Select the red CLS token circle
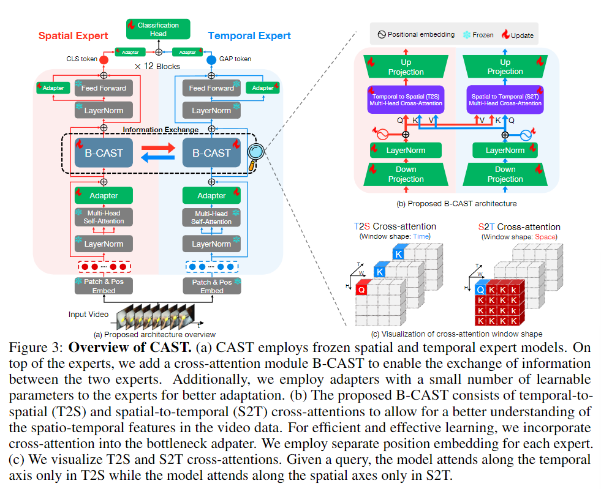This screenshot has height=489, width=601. [104, 59]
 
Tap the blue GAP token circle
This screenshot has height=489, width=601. [211, 59]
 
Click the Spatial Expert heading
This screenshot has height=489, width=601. [73, 36]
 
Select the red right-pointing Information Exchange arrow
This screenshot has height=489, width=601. [157, 147]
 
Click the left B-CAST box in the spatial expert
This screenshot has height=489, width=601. [104, 153]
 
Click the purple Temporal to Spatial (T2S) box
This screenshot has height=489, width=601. [406, 99]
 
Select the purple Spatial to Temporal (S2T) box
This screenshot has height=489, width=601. [505, 99]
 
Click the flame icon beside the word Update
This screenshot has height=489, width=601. [506, 35]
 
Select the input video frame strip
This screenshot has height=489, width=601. [157, 313]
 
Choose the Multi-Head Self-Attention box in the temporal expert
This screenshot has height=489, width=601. [211, 217]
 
